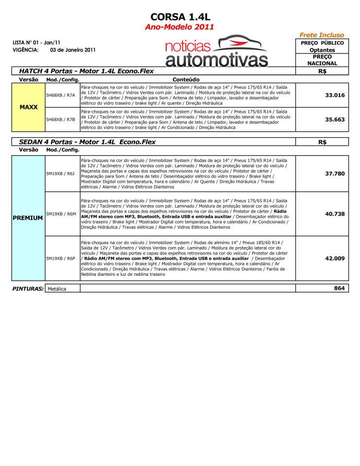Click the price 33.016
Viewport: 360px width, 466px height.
pyautogui.click(x=335, y=95)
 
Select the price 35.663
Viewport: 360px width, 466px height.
pyautogui.click(x=335, y=119)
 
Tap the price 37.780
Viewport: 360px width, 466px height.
pyautogui.click(x=335, y=174)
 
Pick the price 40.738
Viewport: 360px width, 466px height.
pyautogui.click(x=335, y=214)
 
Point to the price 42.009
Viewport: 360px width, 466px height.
pyautogui.click(x=335, y=258)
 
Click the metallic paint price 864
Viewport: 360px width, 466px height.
pyautogui.click(x=339, y=288)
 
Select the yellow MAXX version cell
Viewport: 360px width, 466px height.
pyautogui.click(x=28, y=107)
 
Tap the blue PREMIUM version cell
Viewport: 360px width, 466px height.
pyautogui.click(x=28, y=218)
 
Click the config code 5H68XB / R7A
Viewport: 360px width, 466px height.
pyautogui.click(x=60, y=95)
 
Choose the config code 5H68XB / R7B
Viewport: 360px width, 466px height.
pyautogui.click(x=60, y=119)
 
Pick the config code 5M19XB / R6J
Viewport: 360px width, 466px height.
pyautogui.click(x=60, y=174)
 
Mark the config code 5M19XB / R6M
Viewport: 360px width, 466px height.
pyautogui.click(x=60, y=214)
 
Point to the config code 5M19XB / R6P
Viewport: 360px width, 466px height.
pyautogui.click(x=60, y=258)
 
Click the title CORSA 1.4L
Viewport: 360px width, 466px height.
pyautogui.click(x=180, y=18)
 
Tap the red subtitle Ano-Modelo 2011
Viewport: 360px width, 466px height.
pyautogui.click(x=180, y=27)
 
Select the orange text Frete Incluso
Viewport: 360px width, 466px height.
pyautogui.click(x=322, y=35)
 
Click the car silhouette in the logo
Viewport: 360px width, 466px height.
pyautogui.click(x=242, y=43)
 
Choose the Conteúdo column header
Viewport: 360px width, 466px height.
pyautogui.click(x=186, y=79)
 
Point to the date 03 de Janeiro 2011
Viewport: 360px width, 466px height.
pyautogui.click(x=72, y=50)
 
